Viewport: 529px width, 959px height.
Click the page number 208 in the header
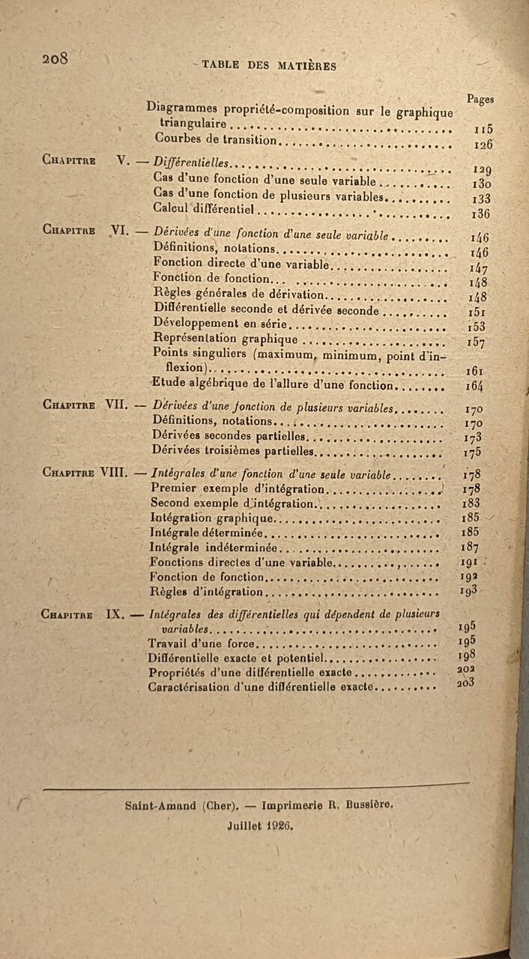(56, 58)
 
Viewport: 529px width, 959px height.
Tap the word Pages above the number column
(480, 99)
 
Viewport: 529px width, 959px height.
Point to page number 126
(483, 145)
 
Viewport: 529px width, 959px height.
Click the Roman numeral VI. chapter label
(121, 232)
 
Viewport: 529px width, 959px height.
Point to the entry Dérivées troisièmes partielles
(232, 452)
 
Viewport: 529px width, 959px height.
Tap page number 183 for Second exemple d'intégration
(471, 503)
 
